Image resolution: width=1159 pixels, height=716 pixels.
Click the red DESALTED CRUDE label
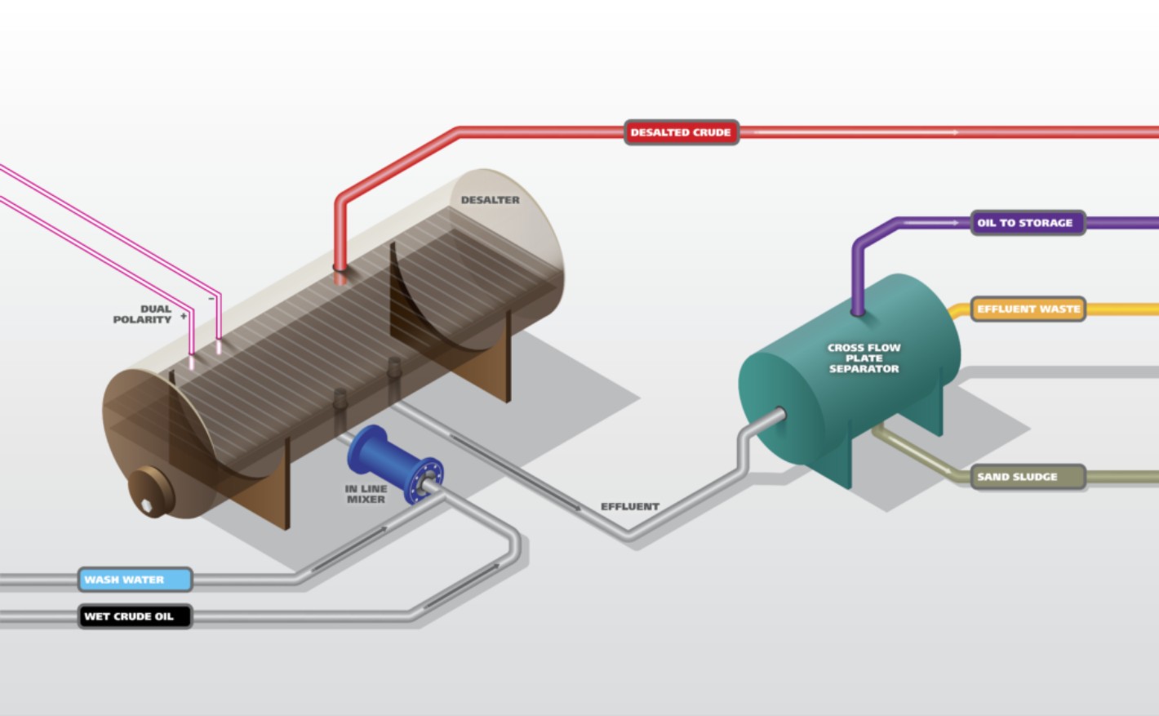681,132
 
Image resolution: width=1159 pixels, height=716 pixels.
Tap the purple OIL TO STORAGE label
1028,223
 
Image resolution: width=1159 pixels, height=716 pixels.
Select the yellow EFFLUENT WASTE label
1028,309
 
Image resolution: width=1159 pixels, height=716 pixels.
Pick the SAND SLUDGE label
1028,477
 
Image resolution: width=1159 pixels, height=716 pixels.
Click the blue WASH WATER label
135,580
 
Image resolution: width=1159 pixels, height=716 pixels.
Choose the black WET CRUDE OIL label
135,616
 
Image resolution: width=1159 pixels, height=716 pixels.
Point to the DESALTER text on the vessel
490,200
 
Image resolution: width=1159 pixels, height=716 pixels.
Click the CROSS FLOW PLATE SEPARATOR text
864,358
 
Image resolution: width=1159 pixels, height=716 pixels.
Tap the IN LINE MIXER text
366,494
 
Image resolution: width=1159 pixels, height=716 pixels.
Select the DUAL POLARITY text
143,314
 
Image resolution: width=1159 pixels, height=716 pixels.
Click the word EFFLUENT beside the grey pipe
630,506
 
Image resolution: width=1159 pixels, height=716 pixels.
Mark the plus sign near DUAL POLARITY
184,316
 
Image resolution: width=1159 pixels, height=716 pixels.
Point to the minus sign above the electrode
211,299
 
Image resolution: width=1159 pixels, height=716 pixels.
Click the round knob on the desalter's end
150,491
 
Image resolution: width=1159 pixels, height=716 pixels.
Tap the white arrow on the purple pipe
932,223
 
